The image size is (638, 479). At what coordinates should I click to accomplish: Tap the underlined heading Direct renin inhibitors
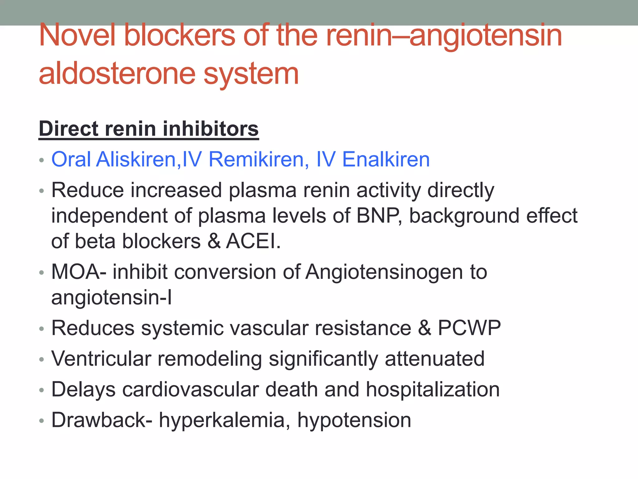(x=149, y=129)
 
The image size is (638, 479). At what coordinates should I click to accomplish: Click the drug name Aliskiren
(x=136, y=159)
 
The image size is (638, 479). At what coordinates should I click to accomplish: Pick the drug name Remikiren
(x=256, y=159)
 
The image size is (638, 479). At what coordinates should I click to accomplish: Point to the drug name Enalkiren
(x=386, y=159)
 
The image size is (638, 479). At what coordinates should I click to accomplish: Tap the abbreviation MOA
(x=76, y=272)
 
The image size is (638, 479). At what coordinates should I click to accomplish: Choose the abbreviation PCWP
(x=469, y=328)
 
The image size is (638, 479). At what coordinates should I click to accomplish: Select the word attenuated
(x=435, y=359)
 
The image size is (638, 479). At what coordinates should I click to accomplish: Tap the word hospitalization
(x=433, y=389)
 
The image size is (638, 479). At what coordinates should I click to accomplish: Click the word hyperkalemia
(x=222, y=420)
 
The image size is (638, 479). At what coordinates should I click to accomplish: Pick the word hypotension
(x=354, y=420)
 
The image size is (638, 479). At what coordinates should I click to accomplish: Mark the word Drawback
(x=98, y=420)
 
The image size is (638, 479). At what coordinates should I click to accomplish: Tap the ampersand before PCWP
(x=425, y=328)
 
